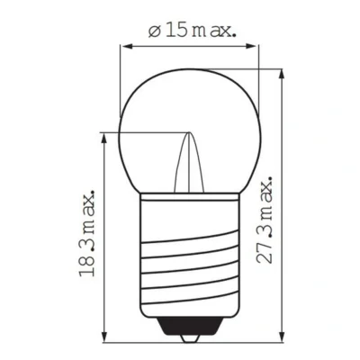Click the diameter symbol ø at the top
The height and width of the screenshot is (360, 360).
click(x=154, y=31)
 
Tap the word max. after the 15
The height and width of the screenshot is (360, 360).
click(x=214, y=31)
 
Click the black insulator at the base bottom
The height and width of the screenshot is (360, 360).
click(x=190, y=331)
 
